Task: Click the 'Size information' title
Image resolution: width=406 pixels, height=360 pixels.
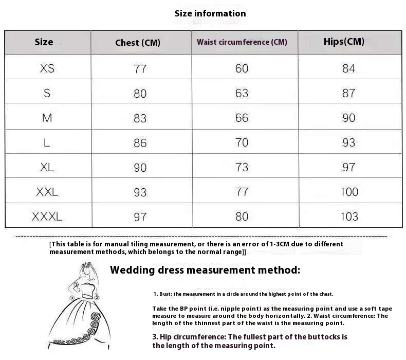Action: [210, 13]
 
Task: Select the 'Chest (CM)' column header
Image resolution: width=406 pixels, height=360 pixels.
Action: [138, 43]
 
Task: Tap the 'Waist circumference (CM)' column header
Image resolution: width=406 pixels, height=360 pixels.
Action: [242, 42]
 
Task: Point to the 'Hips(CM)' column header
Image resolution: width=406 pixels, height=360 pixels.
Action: [344, 42]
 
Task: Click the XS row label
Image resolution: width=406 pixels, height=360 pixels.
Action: [47, 68]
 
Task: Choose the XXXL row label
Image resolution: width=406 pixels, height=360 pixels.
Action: [47, 217]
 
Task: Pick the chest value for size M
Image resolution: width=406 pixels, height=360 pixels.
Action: [140, 118]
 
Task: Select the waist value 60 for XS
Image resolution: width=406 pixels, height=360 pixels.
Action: [242, 68]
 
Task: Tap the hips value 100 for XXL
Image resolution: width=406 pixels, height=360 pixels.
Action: [349, 192]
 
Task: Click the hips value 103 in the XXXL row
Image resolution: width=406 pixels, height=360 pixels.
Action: [349, 217]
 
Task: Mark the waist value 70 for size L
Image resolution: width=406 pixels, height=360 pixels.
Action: [242, 142]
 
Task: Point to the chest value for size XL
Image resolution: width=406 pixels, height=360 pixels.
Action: [140, 168]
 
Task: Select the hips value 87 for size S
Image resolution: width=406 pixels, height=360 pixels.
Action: [348, 93]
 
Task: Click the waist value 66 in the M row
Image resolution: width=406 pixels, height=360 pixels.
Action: [242, 118]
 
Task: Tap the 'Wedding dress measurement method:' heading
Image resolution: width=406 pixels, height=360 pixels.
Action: [205, 270]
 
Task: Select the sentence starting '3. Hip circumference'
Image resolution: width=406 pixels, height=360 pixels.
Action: [250, 341]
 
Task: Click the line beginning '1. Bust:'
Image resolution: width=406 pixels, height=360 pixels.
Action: [243, 294]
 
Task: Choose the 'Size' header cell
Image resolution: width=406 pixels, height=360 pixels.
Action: [44, 42]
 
